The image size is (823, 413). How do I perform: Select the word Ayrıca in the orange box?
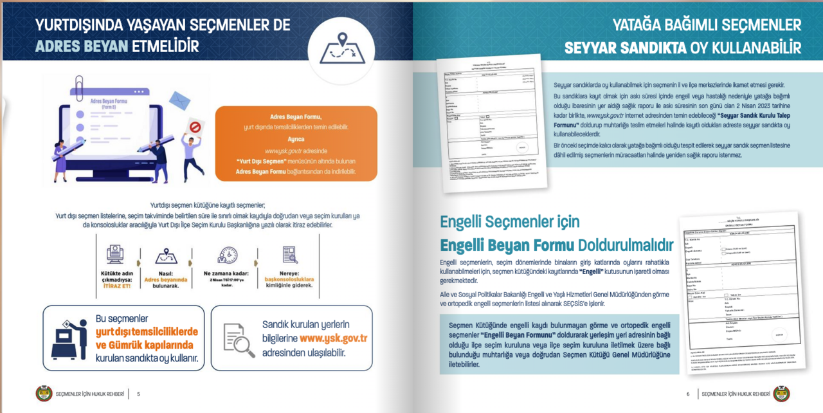(x=296, y=138)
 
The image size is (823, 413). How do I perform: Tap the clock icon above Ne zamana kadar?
(x=228, y=255)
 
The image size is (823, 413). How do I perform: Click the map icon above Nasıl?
(x=166, y=257)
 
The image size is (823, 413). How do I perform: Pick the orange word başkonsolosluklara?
(x=289, y=280)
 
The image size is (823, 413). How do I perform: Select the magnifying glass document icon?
(x=239, y=339)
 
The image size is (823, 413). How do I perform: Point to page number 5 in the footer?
(x=138, y=394)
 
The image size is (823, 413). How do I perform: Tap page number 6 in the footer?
(x=687, y=394)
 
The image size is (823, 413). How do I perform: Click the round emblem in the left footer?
(x=44, y=394)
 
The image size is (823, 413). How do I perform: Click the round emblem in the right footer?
(x=781, y=394)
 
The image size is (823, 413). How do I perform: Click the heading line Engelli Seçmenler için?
(x=509, y=222)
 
